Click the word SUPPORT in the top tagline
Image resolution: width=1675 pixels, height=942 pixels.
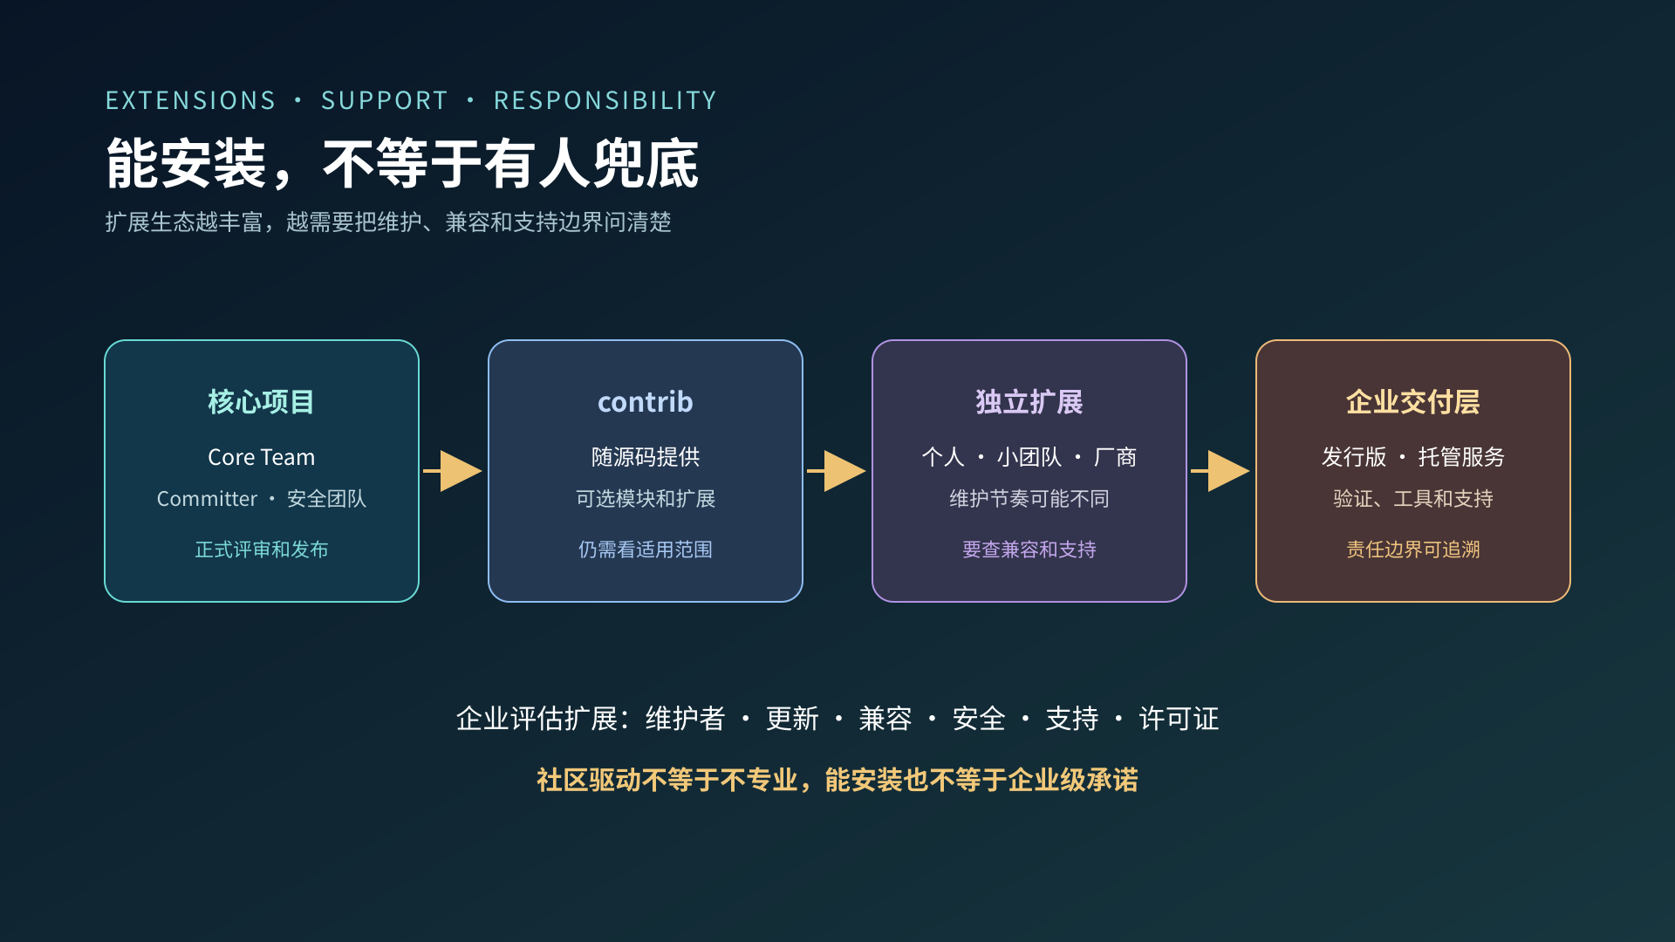tap(384, 100)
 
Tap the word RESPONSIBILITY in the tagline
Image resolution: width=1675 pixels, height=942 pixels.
tap(605, 100)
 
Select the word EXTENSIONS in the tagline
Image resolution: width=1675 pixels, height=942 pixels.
tap(190, 100)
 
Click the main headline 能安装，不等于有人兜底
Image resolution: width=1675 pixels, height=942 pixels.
tap(402, 164)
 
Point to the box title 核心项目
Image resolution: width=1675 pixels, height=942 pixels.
tap(262, 402)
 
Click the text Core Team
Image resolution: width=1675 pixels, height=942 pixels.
tap(262, 457)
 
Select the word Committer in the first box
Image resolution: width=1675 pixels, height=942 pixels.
tap(207, 499)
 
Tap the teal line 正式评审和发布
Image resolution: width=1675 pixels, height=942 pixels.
tap(262, 549)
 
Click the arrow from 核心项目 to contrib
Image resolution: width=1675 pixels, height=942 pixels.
tap(453, 471)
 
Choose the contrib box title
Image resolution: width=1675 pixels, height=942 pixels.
tap(646, 402)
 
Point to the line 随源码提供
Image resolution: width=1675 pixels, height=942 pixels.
tap(646, 457)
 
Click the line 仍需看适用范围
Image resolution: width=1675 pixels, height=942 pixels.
tap(646, 549)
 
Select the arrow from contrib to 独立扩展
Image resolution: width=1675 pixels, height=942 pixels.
tap(837, 471)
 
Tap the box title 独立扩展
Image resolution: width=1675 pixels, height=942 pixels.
tap(1029, 402)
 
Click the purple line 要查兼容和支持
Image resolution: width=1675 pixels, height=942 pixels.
tap(1029, 549)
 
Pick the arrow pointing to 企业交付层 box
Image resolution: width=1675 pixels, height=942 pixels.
tap(1220, 471)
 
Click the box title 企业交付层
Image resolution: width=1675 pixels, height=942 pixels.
tap(1413, 402)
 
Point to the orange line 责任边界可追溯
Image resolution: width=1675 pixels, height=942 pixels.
tap(1413, 549)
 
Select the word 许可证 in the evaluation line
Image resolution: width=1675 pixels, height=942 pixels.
tap(1179, 719)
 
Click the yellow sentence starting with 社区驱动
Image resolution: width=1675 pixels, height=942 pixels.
tap(837, 780)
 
